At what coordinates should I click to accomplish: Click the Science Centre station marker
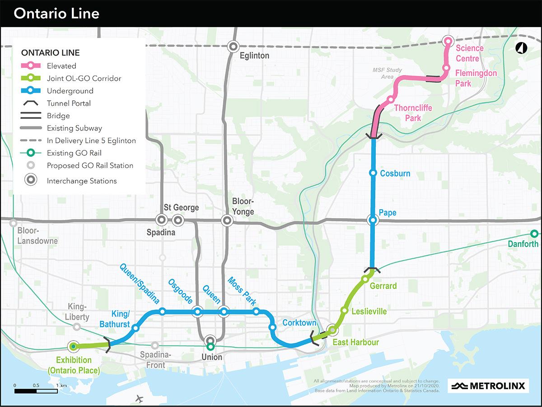449,42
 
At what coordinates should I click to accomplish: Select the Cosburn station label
395,173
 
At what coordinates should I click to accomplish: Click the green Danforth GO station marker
534,234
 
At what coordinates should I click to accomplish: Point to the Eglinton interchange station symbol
233,46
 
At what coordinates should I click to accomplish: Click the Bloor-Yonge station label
243,206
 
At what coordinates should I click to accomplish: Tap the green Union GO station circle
210,347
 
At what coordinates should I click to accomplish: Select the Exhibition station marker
73,347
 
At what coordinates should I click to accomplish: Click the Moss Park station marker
256,311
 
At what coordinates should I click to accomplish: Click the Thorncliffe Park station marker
390,99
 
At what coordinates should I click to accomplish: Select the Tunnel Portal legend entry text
69,103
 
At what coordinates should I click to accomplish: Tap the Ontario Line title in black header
56,14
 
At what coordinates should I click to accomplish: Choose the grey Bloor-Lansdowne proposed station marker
14,223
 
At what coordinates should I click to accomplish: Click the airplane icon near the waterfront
139,399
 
